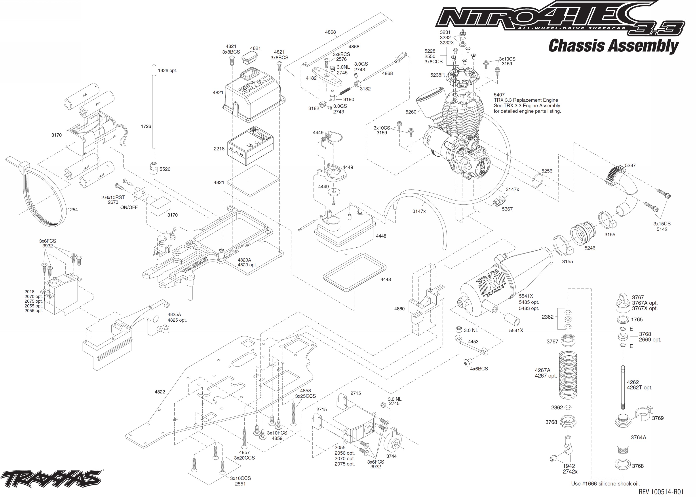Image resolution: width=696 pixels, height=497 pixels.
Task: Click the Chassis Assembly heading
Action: pyautogui.click(x=613, y=46)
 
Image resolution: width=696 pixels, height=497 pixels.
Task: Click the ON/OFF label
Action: pyautogui.click(x=129, y=207)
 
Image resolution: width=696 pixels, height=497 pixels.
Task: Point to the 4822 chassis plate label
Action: pyautogui.click(x=160, y=392)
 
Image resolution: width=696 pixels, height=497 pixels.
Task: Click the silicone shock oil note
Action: pyautogui.click(x=605, y=484)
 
